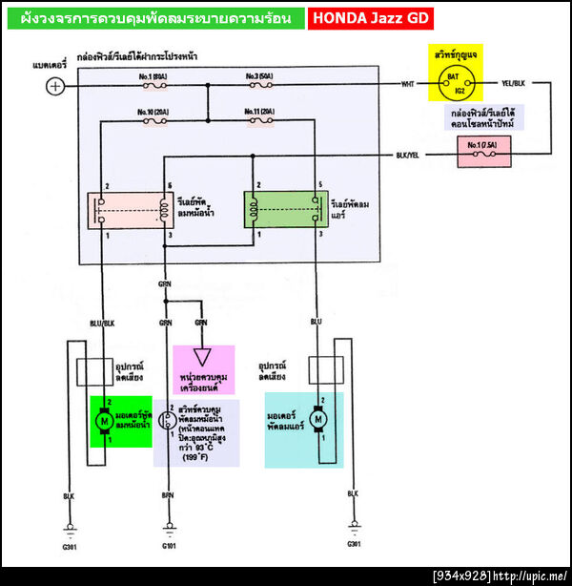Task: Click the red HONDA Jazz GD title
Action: point(372,18)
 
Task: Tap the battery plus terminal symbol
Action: point(56,86)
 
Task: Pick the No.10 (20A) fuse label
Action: point(153,112)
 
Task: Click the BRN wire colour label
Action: point(168,495)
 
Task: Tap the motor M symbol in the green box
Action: point(102,421)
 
